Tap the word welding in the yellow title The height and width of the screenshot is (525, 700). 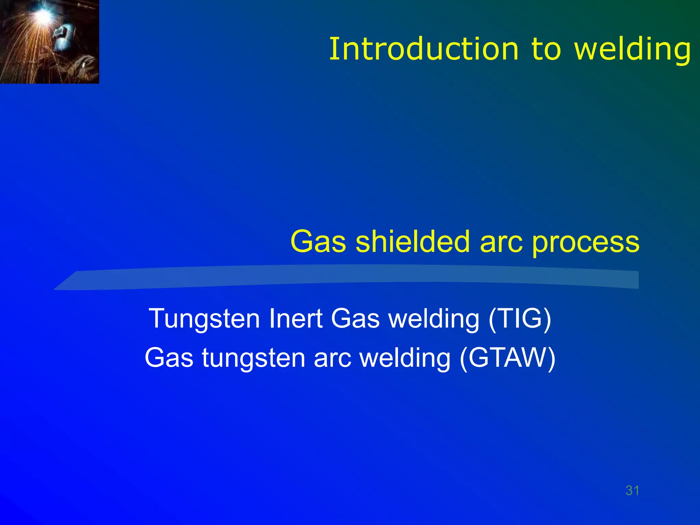633,49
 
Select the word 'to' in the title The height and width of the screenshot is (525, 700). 546,49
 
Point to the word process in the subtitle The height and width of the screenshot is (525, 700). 586,242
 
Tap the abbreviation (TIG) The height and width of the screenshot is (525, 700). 520,319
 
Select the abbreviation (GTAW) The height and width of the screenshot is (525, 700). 508,358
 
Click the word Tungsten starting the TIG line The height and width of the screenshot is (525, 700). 204,319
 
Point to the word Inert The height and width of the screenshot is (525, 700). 296,319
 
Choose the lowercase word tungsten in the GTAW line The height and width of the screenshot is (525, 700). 253,358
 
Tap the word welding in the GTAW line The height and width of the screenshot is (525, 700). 405,358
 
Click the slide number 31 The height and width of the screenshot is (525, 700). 632,490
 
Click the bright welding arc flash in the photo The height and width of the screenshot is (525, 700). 43,14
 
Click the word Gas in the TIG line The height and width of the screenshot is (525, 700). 355,319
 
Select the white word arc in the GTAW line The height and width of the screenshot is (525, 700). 333,358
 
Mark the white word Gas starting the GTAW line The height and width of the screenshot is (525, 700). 169,358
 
